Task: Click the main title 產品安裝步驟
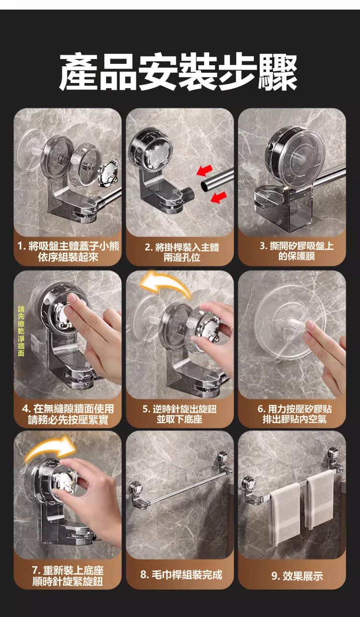(x=179, y=71)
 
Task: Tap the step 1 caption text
(x=68, y=252)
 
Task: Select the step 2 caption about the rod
(x=181, y=252)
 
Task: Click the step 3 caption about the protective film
(x=297, y=251)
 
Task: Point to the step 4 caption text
(x=68, y=414)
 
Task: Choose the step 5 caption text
(x=180, y=414)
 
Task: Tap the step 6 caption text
(x=295, y=414)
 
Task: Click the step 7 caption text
(x=68, y=576)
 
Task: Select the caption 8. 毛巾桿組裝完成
(x=181, y=575)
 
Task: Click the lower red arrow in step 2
(x=219, y=197)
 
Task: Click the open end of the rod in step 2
(x=204, y=185)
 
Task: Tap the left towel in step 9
(x=285, y=514)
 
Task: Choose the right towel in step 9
(x=320, y=499)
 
